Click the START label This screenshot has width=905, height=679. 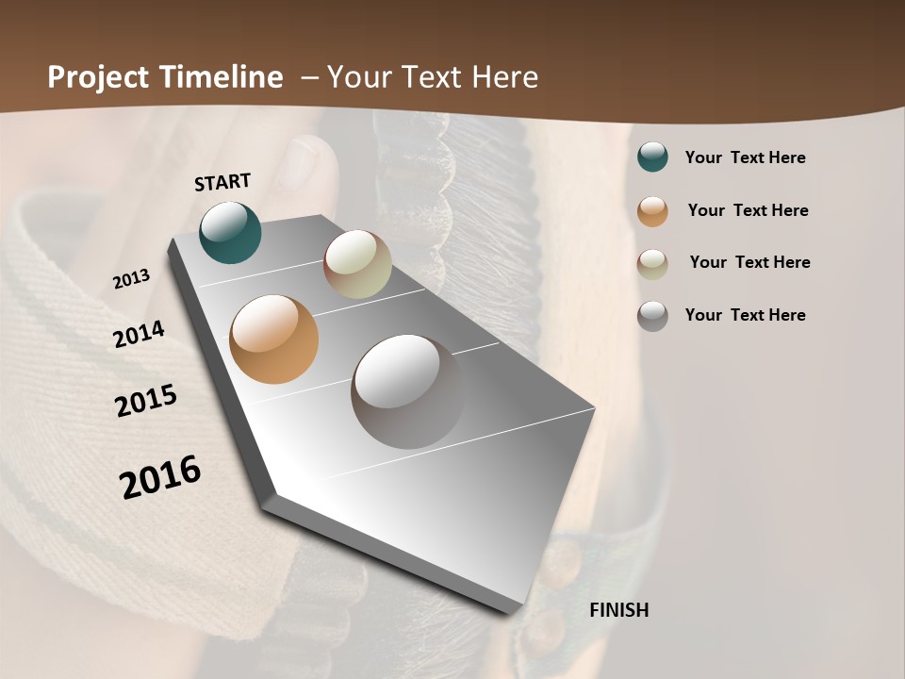(x=222, y=182)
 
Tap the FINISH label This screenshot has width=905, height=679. (x=619, y=610)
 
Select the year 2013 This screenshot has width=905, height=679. (x=132, y=279)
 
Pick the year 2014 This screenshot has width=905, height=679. (x=140, y=334)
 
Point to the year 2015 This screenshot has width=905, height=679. (x=146, y=401)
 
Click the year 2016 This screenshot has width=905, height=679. (x=160, y=477)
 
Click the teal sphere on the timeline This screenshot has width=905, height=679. (x=230, y=232)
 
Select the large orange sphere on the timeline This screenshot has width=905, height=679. (x=274, y=339)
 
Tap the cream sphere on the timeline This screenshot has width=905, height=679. (x=357, y=264)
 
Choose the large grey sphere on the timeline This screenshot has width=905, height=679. (x=407, y=391)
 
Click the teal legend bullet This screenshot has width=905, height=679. (x=652, y=157)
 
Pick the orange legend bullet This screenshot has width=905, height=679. (x=652, y=211)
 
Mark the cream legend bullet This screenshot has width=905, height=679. (x=652, y=263)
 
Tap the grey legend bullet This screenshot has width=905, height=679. (x=652, y=316)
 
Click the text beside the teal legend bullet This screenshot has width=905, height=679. (x=745, y=157)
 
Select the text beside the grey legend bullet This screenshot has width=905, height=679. (x=745, y=315)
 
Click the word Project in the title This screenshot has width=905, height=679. (x=97, y=77)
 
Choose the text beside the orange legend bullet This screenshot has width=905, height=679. (x=748, y=210)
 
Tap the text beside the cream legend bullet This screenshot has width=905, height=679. (x=749, y=262)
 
